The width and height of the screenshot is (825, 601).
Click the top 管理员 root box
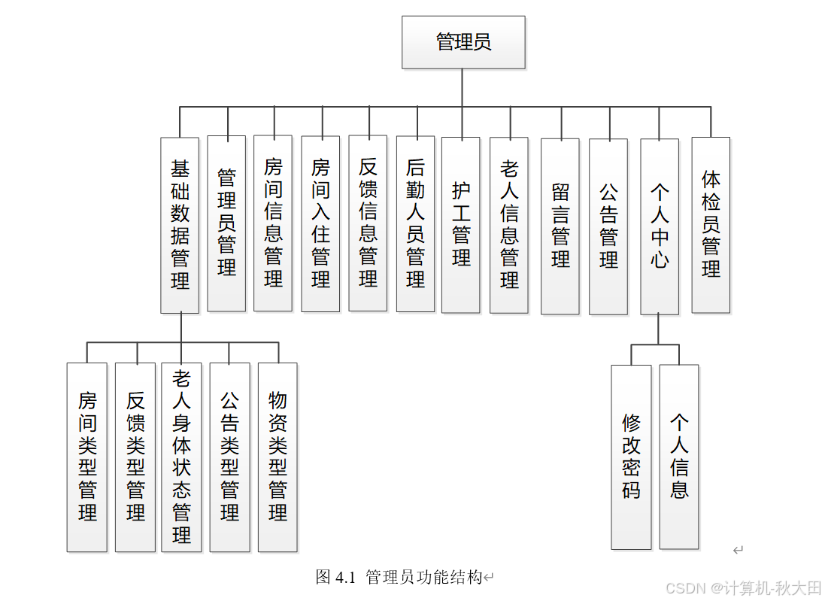pos(463,42)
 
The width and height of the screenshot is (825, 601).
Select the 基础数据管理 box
pos(180,225)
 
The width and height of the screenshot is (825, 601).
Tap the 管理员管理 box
pos(226,223)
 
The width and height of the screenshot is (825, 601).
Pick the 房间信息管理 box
pos(273,223)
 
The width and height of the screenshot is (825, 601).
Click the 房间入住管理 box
pos(320,223)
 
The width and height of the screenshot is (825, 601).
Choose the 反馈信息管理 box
pos(368,223)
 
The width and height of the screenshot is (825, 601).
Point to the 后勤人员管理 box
pos(415,223)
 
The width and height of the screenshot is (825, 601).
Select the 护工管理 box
pos(461,225)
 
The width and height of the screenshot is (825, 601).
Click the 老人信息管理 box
pos(509,225)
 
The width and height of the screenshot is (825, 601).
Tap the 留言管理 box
pos(560,226)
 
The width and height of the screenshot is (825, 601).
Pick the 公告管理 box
pos(608,226)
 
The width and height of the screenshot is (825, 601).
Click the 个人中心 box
pos(660,226)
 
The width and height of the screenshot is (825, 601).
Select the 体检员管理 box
pos(711,225)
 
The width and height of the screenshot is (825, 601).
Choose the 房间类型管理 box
pos(87,457)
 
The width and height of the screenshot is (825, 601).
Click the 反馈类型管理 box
pos(135,457)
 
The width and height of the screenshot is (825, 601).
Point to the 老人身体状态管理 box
pos(181,457)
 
